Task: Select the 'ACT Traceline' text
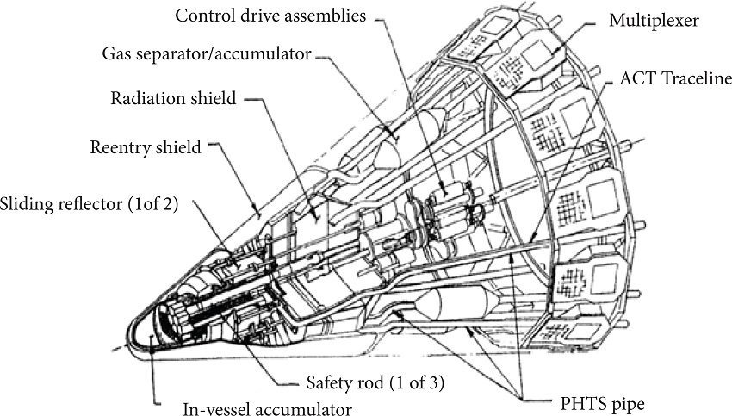click(x=677, y=78)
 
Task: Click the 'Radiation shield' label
click(x=173, y=99)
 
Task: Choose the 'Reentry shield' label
click(x=146, y=147)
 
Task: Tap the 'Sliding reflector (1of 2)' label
click(x=89, y=204)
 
